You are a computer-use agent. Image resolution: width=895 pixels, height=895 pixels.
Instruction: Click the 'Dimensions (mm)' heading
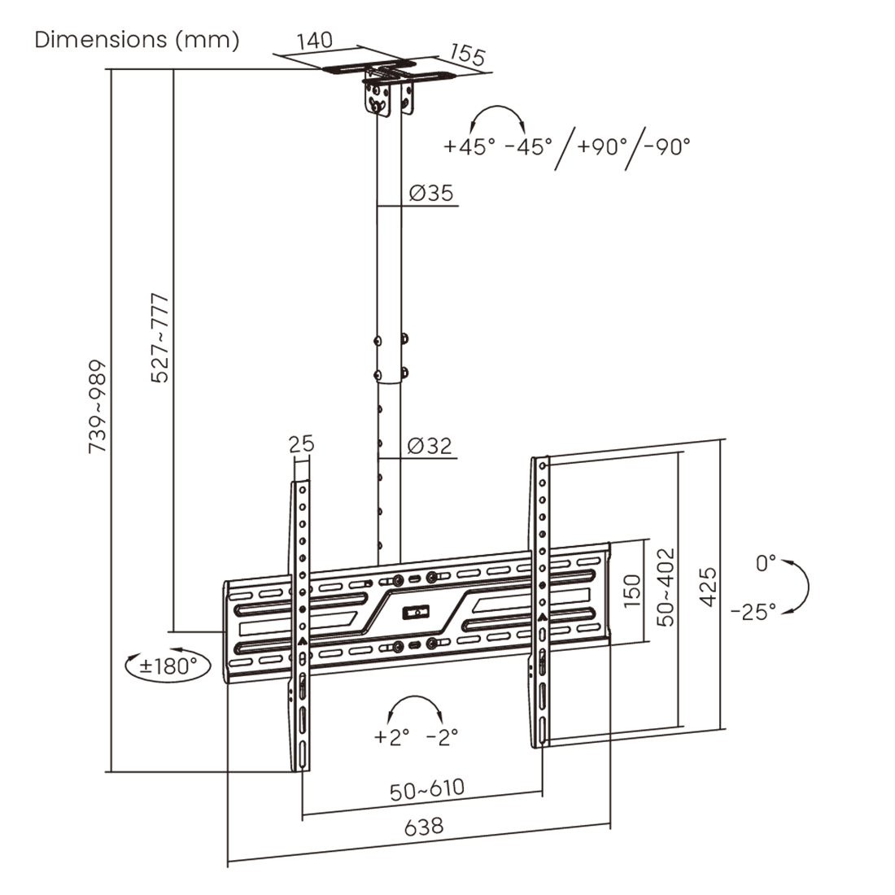coord(137,40)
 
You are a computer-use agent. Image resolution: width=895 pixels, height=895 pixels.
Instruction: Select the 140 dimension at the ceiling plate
coord(315,40)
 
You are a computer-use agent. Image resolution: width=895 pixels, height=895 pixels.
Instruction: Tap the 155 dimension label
coord(468,55)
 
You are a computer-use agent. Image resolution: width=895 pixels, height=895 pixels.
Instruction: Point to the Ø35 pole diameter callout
coord(431,193)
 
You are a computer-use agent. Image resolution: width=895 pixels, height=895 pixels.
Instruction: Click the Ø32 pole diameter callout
coord(430,445)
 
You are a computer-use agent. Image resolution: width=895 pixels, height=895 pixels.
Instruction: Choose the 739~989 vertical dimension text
coord(98,406)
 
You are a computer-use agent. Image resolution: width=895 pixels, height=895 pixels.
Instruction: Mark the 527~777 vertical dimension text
coord(159,338)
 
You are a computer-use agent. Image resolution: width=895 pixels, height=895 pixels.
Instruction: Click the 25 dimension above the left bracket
coord(301,443)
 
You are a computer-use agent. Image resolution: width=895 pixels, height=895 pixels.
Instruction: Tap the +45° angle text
coord(469,146)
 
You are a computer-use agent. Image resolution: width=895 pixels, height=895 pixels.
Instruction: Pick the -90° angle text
coord(666,146)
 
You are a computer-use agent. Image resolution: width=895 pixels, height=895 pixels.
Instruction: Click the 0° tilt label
coord(766,563)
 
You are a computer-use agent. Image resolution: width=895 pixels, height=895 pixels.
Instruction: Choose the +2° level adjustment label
coord(391,736)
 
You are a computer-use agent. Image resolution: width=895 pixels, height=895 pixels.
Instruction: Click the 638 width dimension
coord(424,827)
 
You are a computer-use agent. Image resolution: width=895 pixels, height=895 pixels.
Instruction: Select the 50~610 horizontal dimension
coord(427,790)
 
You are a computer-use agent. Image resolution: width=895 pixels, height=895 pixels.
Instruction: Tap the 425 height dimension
coord(708,587)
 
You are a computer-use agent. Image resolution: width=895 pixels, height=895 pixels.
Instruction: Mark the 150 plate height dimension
coord(632,591)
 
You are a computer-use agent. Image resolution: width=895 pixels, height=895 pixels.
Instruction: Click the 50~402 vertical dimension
coord(666,587)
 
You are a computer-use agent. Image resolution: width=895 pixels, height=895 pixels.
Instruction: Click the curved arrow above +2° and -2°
coord(415,697)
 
